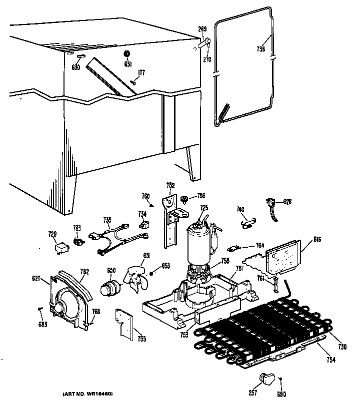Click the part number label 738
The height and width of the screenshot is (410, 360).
(260, 49)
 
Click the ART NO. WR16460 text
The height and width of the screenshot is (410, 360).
(88, 395)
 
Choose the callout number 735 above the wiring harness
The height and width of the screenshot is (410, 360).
(107, 219)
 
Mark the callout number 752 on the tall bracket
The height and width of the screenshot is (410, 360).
(170, 186)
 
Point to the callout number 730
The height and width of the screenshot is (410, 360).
(342, 348)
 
